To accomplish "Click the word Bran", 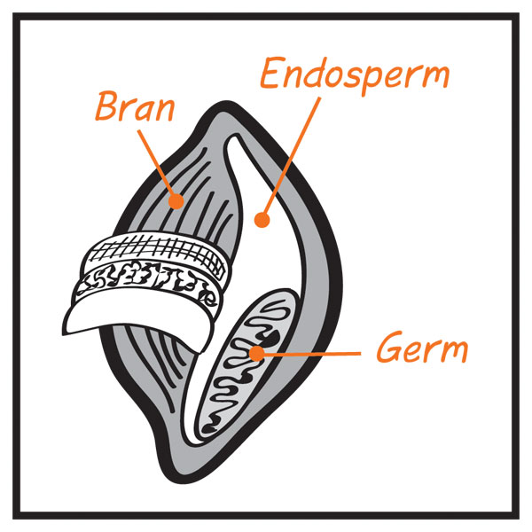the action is pyautogui.click(x=135, y=106).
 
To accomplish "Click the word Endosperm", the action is pyautogui.click(x=355, y=76).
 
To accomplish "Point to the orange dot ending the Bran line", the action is pyautogui.click(x=176, y=201).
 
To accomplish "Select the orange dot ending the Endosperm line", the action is pyautogui.click(x=262, y=220).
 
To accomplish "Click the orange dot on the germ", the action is pyautogui.click(x=257, y=354).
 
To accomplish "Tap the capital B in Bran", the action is pyautogui.click(x=107, y=106).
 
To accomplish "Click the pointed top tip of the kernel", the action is pyautogui.click(x=225, y=102).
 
